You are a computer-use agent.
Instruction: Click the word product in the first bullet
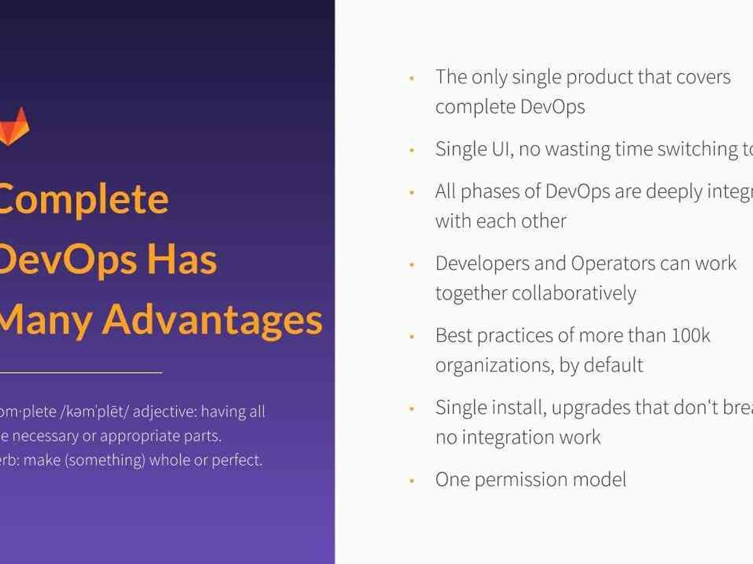point(599,77)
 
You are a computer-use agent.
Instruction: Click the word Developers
point(482,263)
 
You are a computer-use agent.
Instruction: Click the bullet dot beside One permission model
point(412,481)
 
